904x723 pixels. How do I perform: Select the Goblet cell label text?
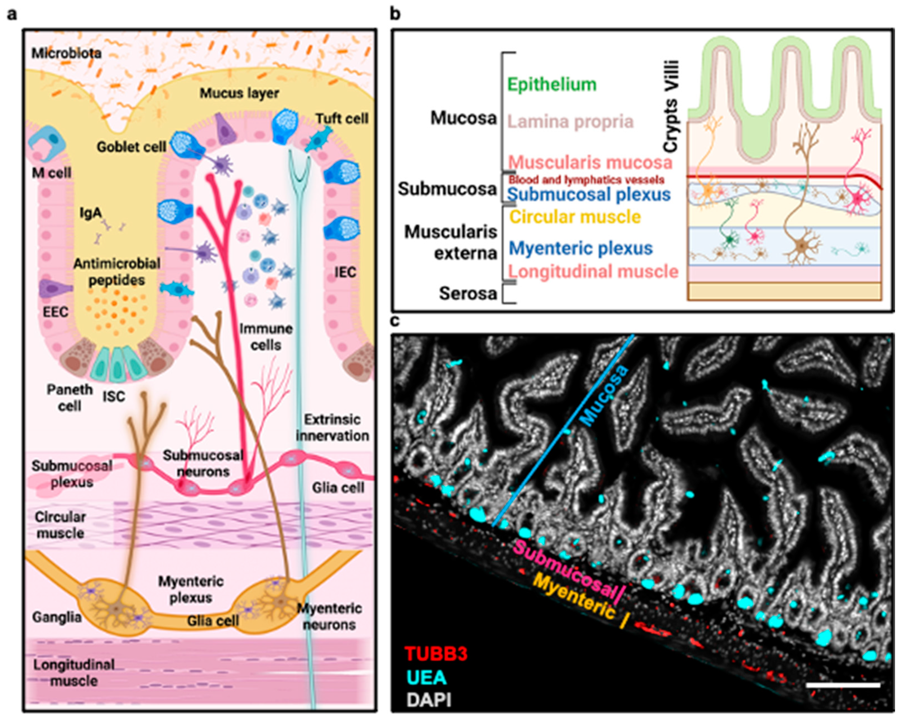tap(131, 147)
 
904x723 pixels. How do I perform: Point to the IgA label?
tap(91, 213)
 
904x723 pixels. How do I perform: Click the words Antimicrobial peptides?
tap(117, 272)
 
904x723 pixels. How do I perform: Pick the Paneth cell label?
tap(70, 397)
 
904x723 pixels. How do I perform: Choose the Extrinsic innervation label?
tap(332, 427)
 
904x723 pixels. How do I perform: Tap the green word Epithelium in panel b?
tap(552, 84)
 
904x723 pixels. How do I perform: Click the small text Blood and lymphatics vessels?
tap(586, 180)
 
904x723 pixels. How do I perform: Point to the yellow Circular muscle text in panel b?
tap(575, 217)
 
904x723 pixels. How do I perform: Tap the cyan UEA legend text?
tap(427, 677)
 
